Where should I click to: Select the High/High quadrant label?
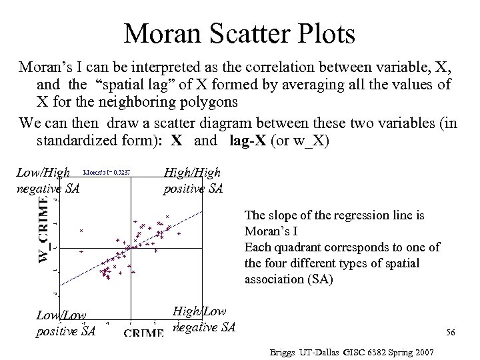(191, 173)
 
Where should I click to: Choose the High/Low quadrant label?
(199, 311)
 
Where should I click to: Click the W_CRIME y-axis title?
(43, 233)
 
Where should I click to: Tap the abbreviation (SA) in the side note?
(315, 280)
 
